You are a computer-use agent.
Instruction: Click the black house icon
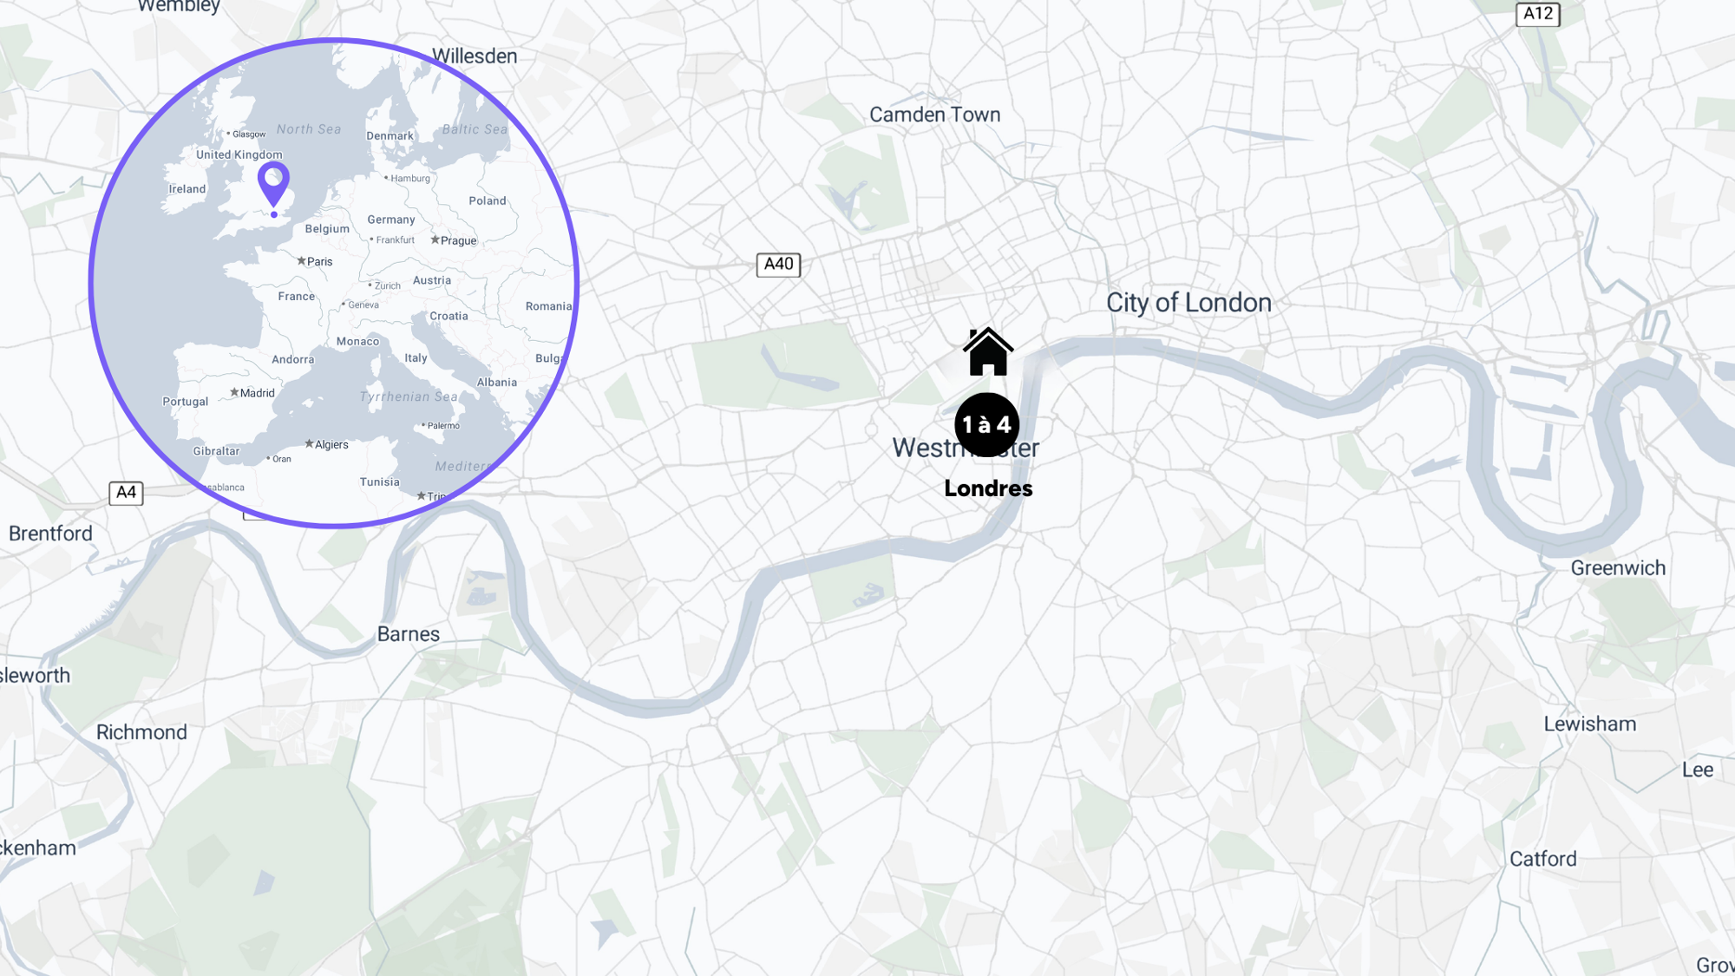pyautogui.click(x=987, y=352)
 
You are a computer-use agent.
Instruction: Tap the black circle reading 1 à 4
pyautogui.click(x=986, y=424)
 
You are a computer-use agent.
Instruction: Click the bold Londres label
pyautogui.click(x=988, y=488)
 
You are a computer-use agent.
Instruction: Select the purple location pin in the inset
pyautogui.click(x=273, y=182)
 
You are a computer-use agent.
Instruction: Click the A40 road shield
pyautogui.click(x=778, y=265)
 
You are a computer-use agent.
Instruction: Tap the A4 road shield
pyautogui.click(x=126, y=493)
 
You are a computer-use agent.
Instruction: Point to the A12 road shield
pyautogui.click(x=1537, y=14)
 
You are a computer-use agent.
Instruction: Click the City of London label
pyautogui.click(x=1188, y=303)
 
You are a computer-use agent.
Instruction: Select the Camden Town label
pyautogui.click(x=934, y=115)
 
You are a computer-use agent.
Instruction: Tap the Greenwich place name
pyautogui.click(x=1618, y=568)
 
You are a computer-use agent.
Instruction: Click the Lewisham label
pyautogui.click(x=1589, y=724)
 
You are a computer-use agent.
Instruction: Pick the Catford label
pyautogui.click(x=1542, y=859)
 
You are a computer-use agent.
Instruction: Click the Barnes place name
pyautogui.click(x=408, y=634)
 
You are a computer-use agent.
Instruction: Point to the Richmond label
pyautogui.click(x=141, y=732)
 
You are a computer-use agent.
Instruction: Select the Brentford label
pyautogui.click(x=50, y=534)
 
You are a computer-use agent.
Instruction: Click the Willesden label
pyautogui.click(x=475, y=56)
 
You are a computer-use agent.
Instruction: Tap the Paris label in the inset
pyautogui.click(x=318, y=262)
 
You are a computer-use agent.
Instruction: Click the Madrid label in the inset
pyautogui.click(x=256, y=393)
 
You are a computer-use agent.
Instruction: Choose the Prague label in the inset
pyautogui.click(x=457, y=241)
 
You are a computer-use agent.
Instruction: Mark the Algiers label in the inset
pyautogui.click(x=331, y=445)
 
